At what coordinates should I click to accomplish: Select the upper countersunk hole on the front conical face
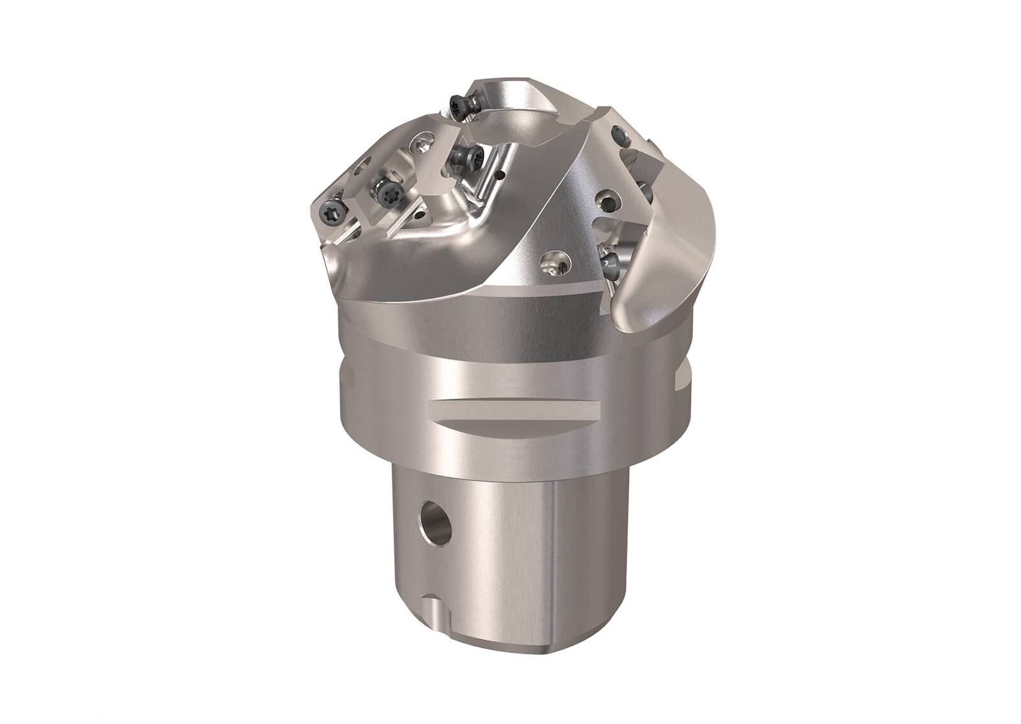pos(604,203)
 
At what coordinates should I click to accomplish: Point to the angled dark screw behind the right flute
pos(646,191)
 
